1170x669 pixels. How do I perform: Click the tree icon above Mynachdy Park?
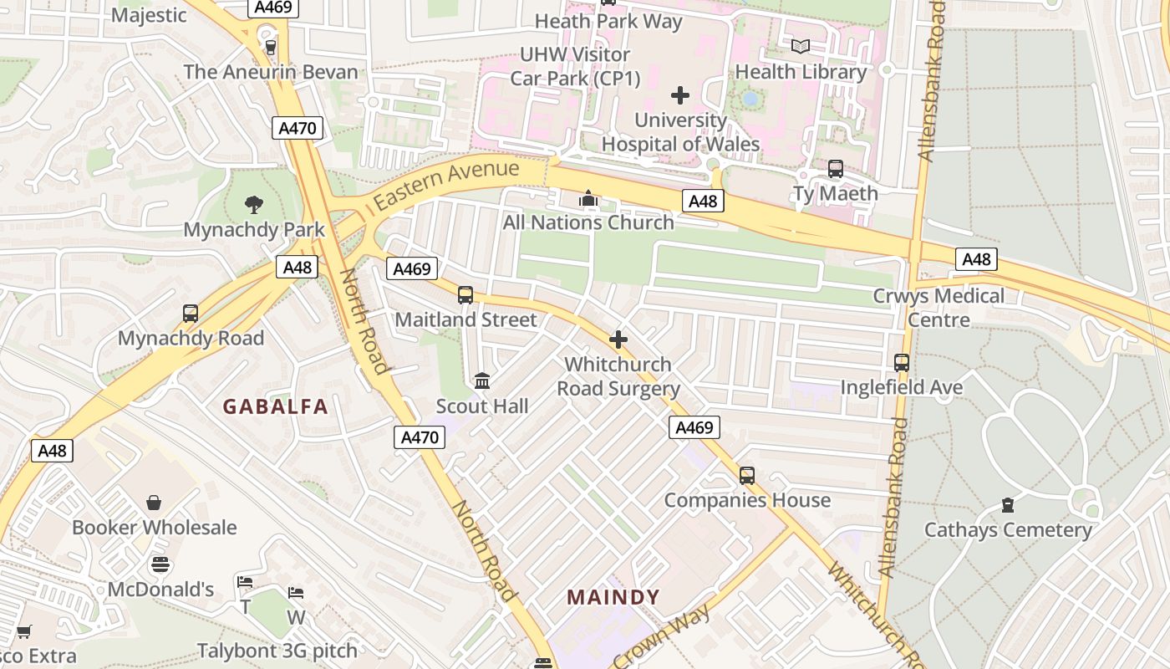click(x=254, y=204)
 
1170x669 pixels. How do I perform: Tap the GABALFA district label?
click(x=275, y=407)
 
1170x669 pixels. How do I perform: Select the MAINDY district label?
click(x=613, y=597)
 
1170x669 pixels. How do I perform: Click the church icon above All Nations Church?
click(x=588, y=199)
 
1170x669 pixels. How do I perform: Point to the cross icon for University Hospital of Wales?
click(x=680, y=95)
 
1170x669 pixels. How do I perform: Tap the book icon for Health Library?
click(x=801, y=47)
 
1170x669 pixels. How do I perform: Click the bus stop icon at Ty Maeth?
click(x=835, y=169)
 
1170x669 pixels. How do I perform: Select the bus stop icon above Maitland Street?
click(x=465, y=295)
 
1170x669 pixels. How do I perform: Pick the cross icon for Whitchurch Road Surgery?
click(x=618, y=340)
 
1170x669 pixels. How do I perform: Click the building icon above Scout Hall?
click(x=482, y=381)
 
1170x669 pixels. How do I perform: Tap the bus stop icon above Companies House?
click(x=747, y=476)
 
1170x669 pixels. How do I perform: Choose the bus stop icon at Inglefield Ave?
click(x=901, y=363)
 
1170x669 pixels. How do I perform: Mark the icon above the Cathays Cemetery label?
click(x=1008, y=505)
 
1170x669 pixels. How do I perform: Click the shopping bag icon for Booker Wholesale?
click(x=154, y=503)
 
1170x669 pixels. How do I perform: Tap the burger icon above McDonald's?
click(x=160, y=565)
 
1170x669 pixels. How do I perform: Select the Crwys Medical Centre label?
click(x=939, y=308)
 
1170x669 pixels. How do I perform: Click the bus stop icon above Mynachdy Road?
click(x=191, y=314)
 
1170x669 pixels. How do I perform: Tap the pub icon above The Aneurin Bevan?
click(x=270, y=47)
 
